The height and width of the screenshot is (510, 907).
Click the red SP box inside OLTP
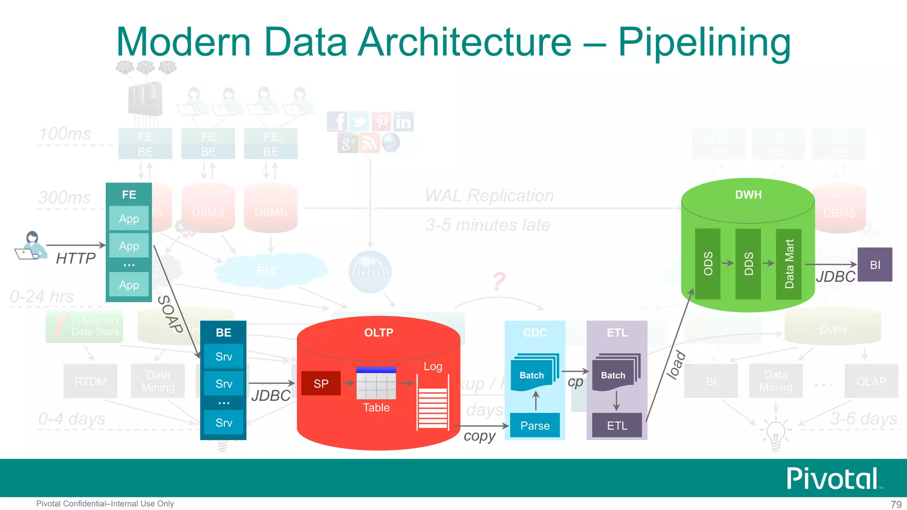[321, 383]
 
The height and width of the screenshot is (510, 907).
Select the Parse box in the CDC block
[535, 425]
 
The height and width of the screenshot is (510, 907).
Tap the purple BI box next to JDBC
[875, 265]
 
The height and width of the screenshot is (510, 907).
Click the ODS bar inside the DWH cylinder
[708, 263]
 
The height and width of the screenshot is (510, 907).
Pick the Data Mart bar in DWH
[789, 264]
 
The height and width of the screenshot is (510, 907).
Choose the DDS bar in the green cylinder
[748, 263]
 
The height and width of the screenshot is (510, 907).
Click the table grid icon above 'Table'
[376, 383]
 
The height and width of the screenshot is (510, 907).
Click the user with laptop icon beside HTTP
[31, 246]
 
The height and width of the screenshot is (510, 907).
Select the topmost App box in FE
[129, 218]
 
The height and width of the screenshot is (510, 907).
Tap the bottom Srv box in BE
[224, 423]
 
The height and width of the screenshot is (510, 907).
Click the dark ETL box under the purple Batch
[617, 425]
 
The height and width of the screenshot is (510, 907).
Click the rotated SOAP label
[171, 314]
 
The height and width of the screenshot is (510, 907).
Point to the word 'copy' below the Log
[479, 436]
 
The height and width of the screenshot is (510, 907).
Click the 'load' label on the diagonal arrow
[676, 365]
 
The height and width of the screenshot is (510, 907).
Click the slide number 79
[895, 504]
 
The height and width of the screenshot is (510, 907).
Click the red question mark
[499, 281]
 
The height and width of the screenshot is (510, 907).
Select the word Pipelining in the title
[704, 42]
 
